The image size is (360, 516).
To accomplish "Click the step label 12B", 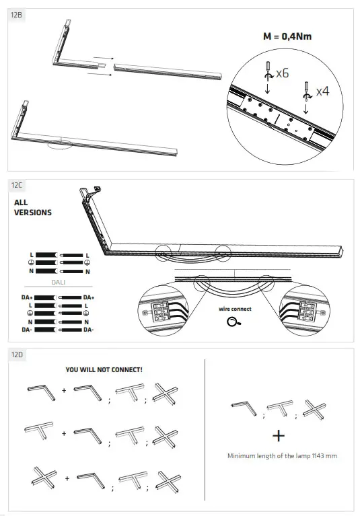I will pyautogui.click(x=16, y=14).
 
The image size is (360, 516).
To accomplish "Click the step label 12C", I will pyautogui.click(x=16, y=184).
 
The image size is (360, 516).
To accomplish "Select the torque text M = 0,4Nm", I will pyautogui.click(x=289, y=37).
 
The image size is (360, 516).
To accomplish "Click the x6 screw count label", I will pyautogui.click(x=281, y=73).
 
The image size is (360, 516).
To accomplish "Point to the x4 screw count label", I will pyautogui.click(x=324, y=90).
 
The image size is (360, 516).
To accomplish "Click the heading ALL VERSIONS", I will pyautogui.click(x=33, y=207).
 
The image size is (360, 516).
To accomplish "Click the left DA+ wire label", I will pyautogui.click(x=27, y=297).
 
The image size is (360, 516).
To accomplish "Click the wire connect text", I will pyautogui.click(x=236, y=309).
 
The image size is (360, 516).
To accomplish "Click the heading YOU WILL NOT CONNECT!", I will pyautogui.click(x=104, y=369).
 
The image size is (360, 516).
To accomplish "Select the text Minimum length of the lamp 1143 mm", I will pyautogui.click(x=282, y=455).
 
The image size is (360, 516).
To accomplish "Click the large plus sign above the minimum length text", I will pyautogui.click(x=282, y=435).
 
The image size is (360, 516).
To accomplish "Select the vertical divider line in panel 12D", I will pyautogui.click(x=205, y=431).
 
